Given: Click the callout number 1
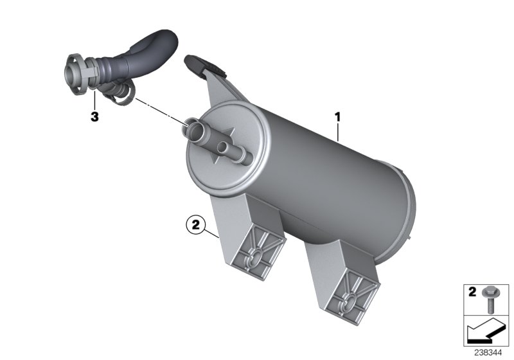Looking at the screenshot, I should click(336, 118).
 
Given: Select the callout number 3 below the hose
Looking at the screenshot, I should click(94, 118).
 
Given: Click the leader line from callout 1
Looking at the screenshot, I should click(339, 132).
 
